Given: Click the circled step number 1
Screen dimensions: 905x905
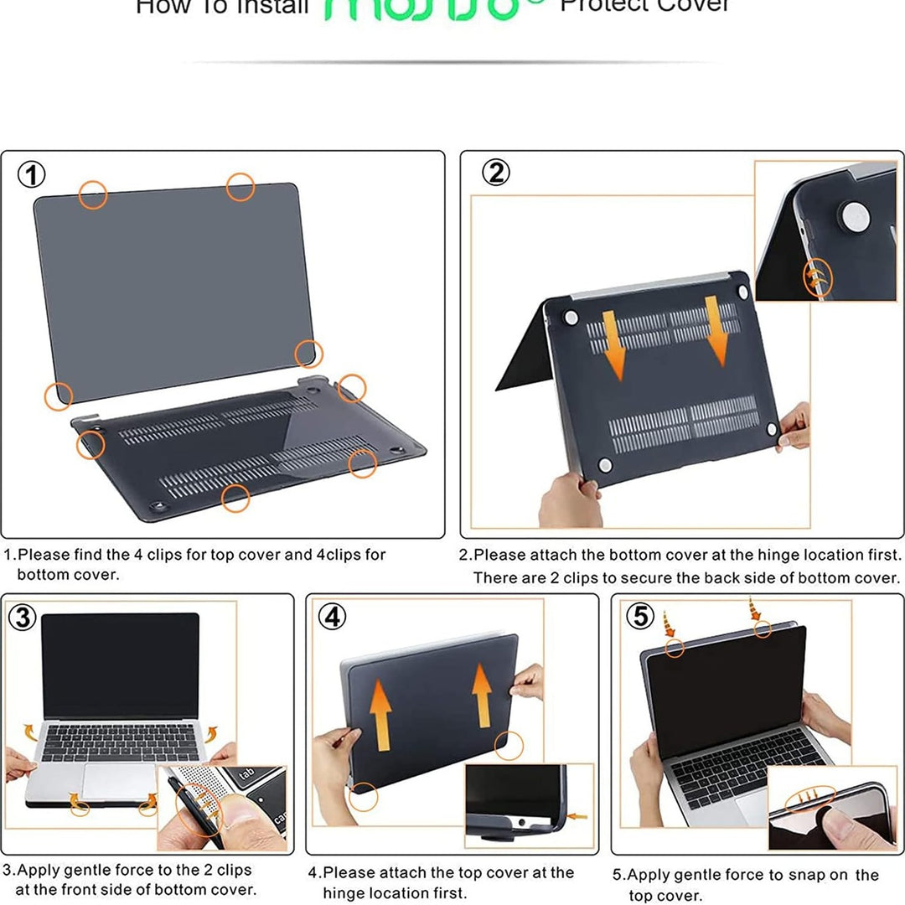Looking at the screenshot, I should [32, 176].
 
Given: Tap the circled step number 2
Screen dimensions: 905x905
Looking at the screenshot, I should [496, 173].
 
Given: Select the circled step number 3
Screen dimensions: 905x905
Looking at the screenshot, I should [22, 618].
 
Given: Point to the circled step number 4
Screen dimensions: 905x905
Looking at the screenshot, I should [333, 618].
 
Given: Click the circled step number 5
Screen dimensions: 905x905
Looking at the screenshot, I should [640, 617].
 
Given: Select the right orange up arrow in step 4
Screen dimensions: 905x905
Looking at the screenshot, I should [482, 692].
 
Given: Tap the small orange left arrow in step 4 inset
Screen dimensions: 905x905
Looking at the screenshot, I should [577, 815].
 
